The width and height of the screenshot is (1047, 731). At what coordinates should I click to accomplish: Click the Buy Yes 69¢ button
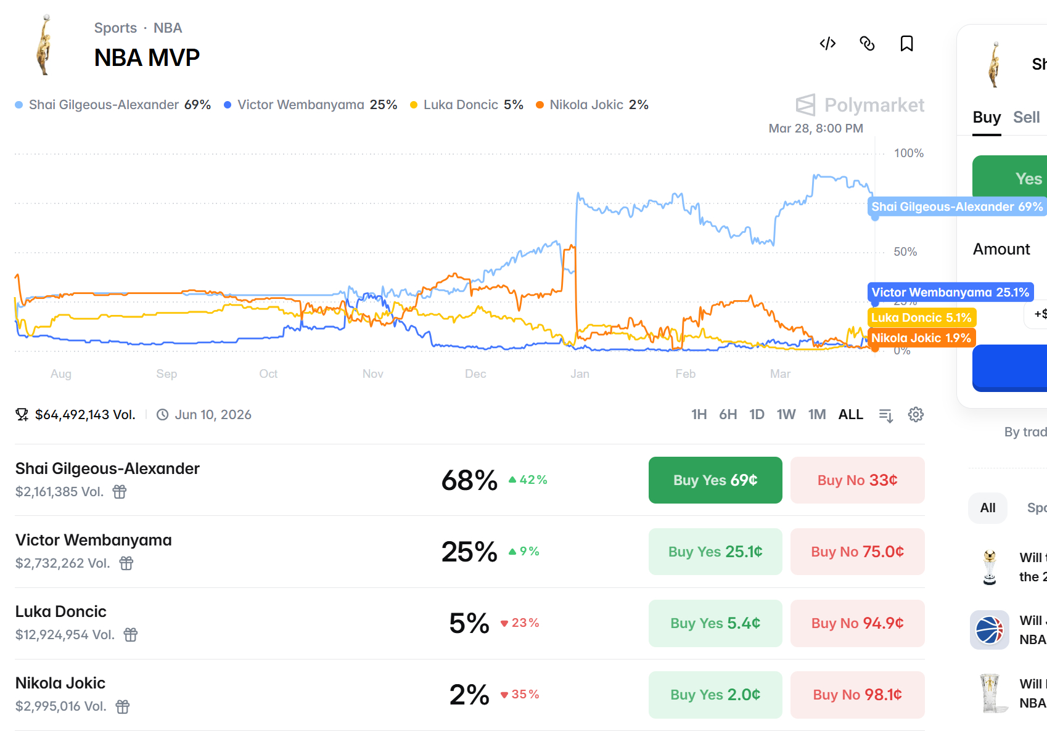point(715,480)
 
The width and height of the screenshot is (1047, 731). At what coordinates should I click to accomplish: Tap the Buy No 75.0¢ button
point(857,552)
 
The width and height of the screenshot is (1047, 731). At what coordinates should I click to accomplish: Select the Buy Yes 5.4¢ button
point(715,623)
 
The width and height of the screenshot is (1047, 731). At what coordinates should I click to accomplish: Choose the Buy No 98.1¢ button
point(857,695)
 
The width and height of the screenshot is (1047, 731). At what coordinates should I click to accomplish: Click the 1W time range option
point(786,415)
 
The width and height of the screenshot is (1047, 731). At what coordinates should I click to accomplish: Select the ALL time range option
point(850,415)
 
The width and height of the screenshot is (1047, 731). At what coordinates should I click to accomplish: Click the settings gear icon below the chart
point(916,415)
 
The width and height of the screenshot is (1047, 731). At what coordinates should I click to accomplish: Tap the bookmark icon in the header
point(906,44)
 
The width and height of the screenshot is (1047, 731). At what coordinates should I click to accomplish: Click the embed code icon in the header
point(827,44)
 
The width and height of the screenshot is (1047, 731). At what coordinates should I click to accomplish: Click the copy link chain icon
point(867,44)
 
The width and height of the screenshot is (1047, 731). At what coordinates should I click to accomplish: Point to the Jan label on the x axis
point(580,374)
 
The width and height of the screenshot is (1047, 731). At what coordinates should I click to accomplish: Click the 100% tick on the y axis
point(908,153)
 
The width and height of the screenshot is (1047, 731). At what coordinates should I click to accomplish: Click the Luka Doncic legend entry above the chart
point(467,105)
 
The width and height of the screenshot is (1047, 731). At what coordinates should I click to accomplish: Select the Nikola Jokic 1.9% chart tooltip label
point(921,338)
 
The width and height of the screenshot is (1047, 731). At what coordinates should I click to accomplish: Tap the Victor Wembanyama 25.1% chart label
point(950,292)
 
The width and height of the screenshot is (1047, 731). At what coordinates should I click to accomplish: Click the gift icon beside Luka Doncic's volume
point(131,635)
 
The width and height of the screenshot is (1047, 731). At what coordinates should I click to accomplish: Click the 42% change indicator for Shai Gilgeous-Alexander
point(528,480)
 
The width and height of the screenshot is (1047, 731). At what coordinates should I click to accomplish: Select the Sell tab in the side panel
point(1026,117)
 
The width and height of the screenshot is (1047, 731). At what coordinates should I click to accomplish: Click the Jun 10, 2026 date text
point(213,415)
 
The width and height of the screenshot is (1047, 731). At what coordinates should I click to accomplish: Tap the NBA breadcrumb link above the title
point(168,28)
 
